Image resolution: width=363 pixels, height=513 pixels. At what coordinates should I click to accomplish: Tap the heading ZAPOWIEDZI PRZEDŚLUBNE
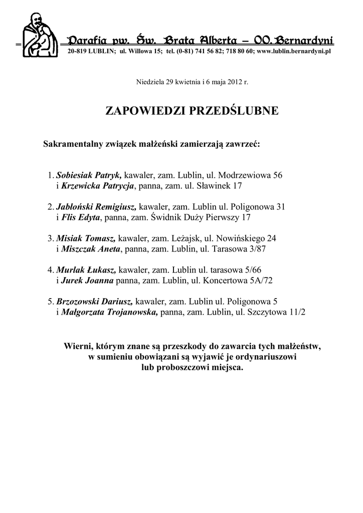pyautogui.click(x=192, y=111)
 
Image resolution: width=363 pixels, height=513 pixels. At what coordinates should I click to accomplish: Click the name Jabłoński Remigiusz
pyautogui.click(x=96, y=206)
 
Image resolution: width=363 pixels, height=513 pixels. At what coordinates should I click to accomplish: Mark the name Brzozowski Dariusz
pyautogui.click(x=94, y=301)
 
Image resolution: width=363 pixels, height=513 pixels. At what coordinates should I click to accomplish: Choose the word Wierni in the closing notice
pyautogui.click(x=79, y=346)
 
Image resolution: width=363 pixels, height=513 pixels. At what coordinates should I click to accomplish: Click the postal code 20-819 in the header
pyautogui.click(x=76, y=52)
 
